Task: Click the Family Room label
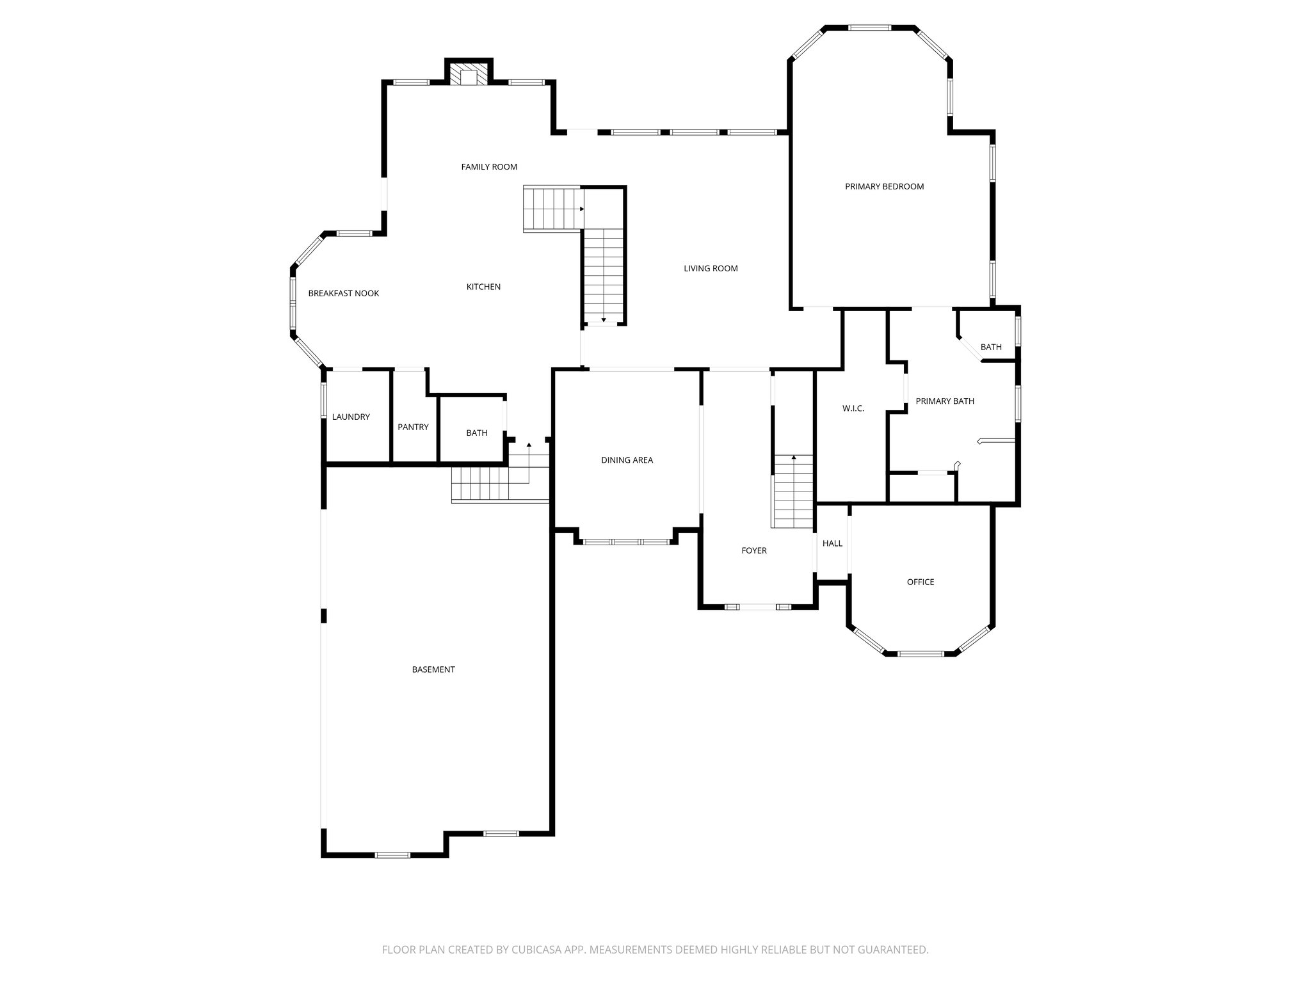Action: pos(489,167)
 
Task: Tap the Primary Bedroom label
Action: pos(884,187)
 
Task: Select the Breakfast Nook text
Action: pos(344,294)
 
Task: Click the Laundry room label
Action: pos(351,417)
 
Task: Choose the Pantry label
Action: pos(413,428)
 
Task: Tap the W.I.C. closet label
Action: pos(853,408)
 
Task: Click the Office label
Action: pos(920,582)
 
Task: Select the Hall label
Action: pos(832,544)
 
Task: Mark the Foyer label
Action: pos(753,551)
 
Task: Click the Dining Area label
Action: pos(627,460)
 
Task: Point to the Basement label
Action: pos(433,670)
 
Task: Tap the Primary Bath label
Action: pos(945,401)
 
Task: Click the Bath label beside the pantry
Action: pos(476,433)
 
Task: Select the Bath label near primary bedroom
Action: pos(991,348)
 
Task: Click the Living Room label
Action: pos(711,269)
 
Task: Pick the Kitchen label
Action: pos(483,287)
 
